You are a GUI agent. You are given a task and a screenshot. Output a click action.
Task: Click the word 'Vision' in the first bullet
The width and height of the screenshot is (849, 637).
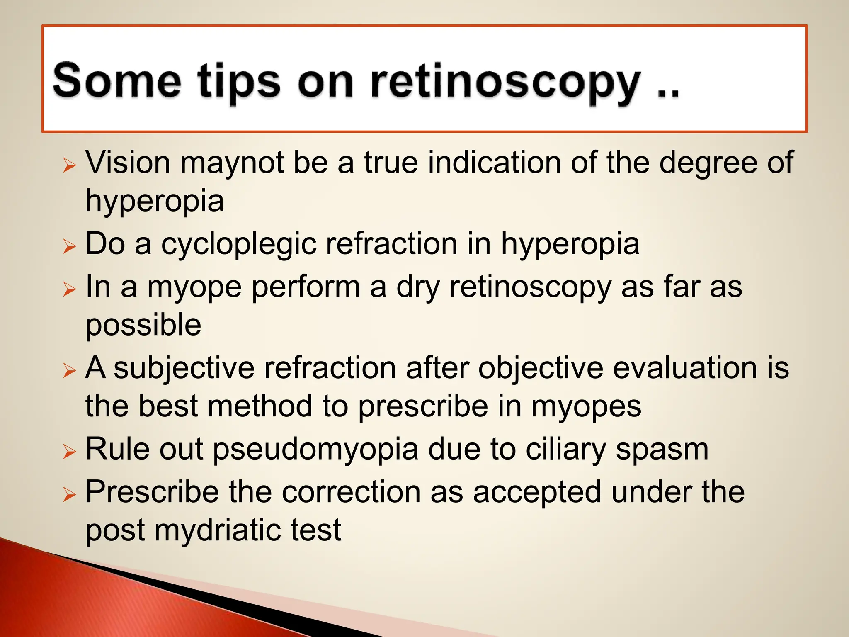(x=128, y=162)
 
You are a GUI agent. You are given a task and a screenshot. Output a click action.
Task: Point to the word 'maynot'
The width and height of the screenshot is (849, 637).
(x=232, y=162)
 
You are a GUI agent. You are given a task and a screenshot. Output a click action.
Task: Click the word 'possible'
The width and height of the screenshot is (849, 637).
(x=143, y=326)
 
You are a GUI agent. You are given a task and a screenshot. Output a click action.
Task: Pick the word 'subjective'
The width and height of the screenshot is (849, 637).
(x=184, y=369)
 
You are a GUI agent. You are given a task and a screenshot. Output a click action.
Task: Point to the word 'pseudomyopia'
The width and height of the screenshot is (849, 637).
(x=315, y=450)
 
